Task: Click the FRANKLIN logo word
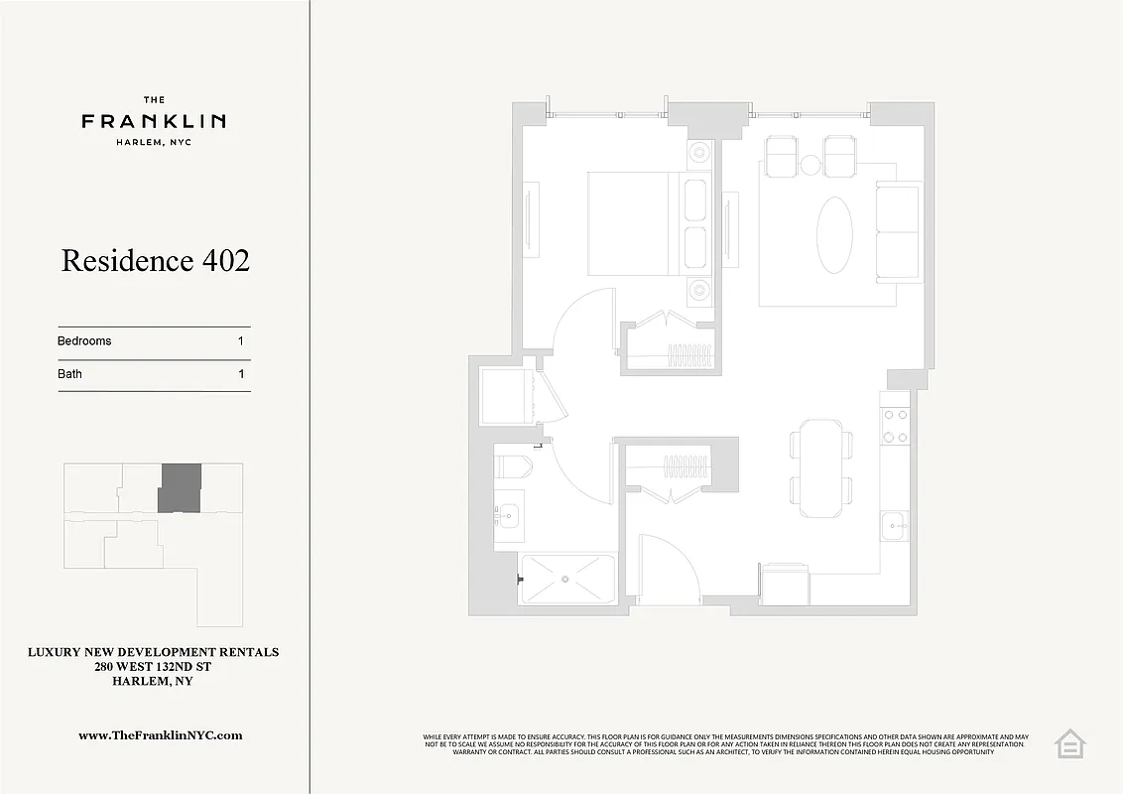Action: (154, 121)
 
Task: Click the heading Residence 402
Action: (155, 261)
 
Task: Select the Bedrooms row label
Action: (84, 341)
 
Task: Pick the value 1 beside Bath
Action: (241, 375)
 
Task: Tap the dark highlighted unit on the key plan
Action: (180, 488)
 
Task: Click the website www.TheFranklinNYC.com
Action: (161, 735)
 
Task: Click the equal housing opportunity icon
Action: (1069, 743)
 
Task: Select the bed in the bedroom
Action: (635, 224)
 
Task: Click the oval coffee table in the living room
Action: (834, 234)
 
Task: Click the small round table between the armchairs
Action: (811, 165)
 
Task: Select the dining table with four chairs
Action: (821, 467)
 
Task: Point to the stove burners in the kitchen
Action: (896, 425)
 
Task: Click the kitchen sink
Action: (895, 525)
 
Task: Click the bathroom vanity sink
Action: (509, 515)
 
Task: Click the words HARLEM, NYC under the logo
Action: (154, 143)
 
